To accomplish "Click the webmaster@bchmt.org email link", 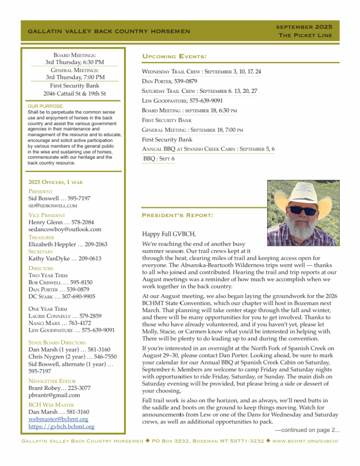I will pos(58,419).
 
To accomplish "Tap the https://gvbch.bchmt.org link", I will pos(61,426).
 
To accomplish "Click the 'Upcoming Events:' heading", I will pos(174,56).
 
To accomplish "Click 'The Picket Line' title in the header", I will pos(305,35).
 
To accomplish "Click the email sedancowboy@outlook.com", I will pos(65,229).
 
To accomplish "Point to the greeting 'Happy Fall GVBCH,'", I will pos(169,234).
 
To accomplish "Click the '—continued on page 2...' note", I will pos(307,430).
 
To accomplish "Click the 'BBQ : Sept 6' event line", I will pos(159,158).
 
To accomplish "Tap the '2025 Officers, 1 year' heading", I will pos(56,182).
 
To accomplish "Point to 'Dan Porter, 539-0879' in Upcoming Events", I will pos(171,81).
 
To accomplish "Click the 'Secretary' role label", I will pos(41,251).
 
